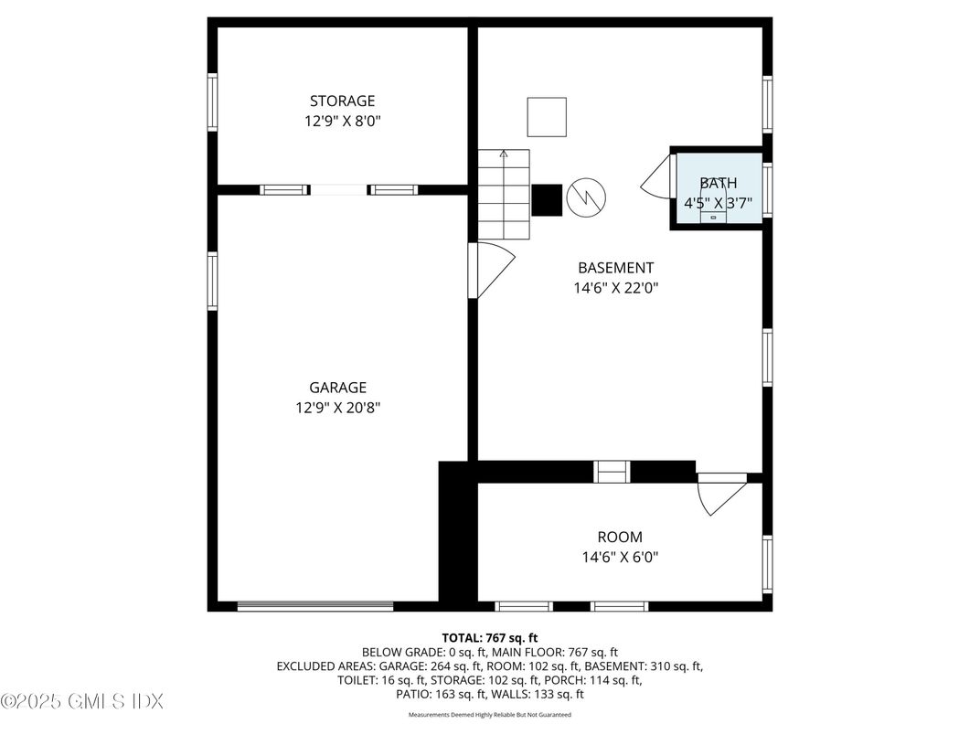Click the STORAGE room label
(342, 101)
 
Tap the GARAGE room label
(337, 387)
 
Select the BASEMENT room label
(615, 268)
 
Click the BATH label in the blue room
(718, 183)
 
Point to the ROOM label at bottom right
(619, 537)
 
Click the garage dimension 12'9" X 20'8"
(337, 408)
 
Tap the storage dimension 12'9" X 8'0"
(342, 121)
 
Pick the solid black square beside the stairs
(547, 200)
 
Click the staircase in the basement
(504, 195)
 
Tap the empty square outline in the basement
(547, 117)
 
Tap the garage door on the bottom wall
(315, 605)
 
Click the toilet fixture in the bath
(714, 211)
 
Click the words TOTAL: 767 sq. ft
(490, 637)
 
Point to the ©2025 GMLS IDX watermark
(82, 702)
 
